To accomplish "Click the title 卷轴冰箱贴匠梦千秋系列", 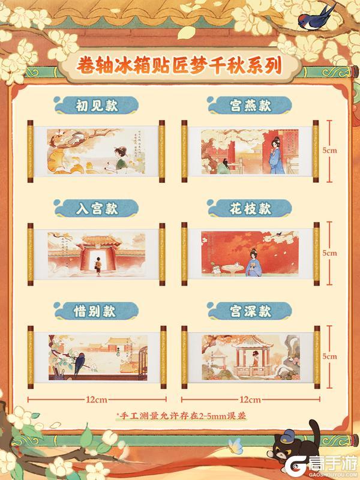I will [x=180, y=64].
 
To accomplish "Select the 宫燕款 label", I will [x=250, y=107].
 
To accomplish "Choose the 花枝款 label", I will [x=250, y=209].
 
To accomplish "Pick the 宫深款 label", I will [x=250, y=311].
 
